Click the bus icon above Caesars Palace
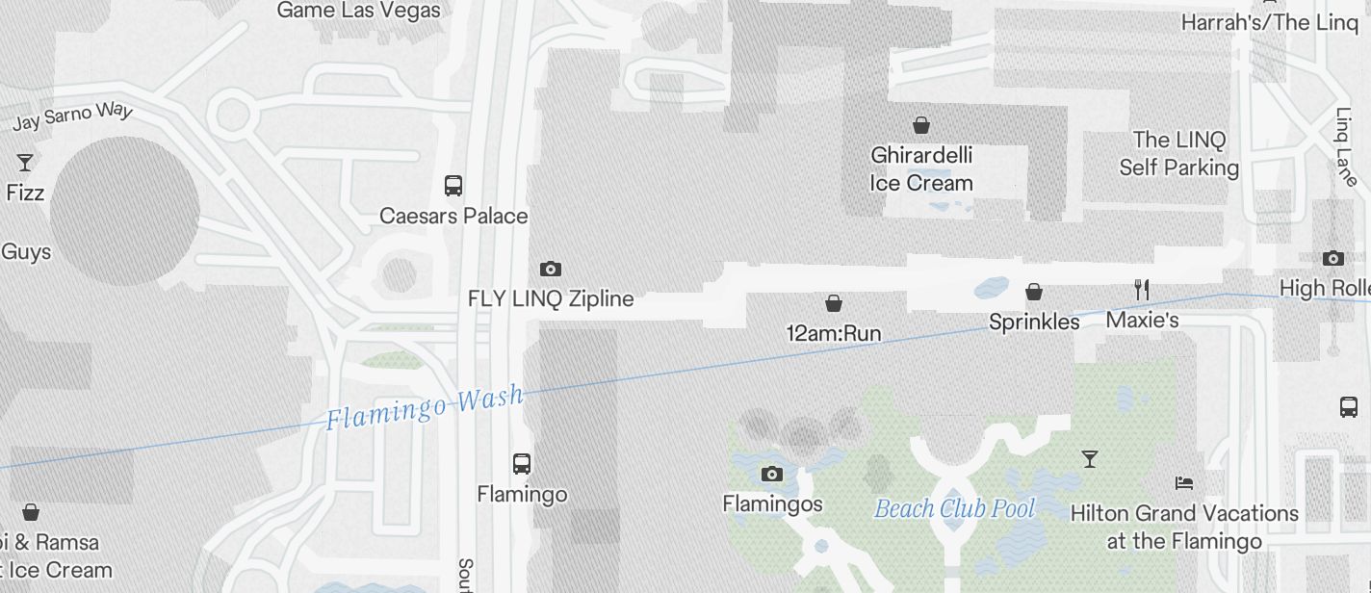(x=453, y=186)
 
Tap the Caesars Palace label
(x=453, y=216)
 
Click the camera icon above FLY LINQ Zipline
(x=551, y=269)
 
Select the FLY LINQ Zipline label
(x=551, y=298)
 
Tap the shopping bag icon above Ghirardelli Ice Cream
(x=921, y=125)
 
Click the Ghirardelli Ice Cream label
(x=921, y=168)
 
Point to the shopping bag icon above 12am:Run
(x=834, y=304)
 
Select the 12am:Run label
(x=834, y=334)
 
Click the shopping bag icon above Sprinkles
(x=1034, y=291)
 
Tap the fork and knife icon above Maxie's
(x=1142, y=289)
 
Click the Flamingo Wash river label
(x=425, y=407)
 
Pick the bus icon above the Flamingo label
(x=522, y=464)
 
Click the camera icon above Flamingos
(x=771, y=474)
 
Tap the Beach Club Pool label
(x=954, y=509)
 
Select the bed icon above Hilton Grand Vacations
(x=1184, y=482)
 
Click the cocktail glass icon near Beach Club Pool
(x=1090, y=459)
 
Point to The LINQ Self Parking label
(x=1178, y=154)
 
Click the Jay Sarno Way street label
(x=72, y=116)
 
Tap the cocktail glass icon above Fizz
(x=25, y=163)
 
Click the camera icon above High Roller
(x=1333, y=258)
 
